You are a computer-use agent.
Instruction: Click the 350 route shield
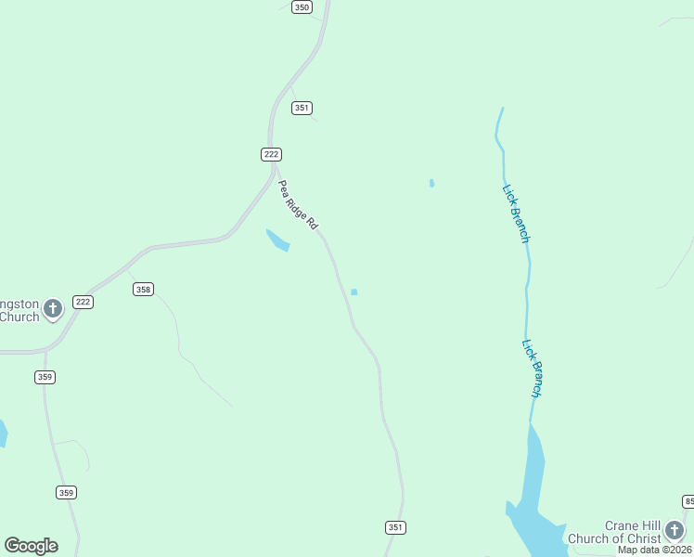pos(301,7)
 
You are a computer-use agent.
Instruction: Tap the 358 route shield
pos(143,290)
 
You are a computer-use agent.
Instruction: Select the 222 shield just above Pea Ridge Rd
pos(271,154)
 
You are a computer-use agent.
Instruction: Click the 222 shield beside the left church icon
pos(84,302)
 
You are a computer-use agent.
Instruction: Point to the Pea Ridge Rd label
pos(299,205)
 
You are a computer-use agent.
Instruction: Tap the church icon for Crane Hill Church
pos(675,530)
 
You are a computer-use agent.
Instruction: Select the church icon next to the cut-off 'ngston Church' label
pos(53,307)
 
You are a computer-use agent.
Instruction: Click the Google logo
pos(31,546)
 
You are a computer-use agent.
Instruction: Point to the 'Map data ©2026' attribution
pos(655,550)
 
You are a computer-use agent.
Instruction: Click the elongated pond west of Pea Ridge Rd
pos(277,240)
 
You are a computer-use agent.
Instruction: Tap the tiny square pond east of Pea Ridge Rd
pos(353,292)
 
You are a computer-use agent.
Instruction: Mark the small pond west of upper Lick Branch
pos(431,183)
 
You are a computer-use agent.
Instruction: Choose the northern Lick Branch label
pos(516,214)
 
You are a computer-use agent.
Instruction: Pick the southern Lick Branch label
pos(532,368)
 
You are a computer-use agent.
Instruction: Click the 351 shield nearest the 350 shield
pos(301,108)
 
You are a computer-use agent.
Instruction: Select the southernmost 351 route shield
pos(395,527)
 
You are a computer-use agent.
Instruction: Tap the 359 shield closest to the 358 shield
pos(45,377)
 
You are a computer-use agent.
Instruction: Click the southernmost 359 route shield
pos(66,492)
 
